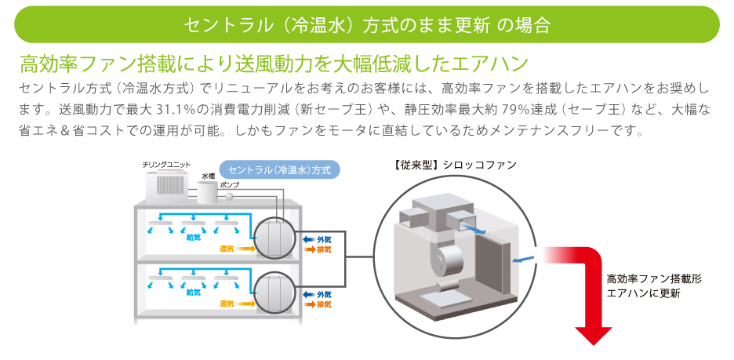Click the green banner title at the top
(366, 24)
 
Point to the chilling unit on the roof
(167, 184)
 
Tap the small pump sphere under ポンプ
(230, 195)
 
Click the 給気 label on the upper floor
(194, 237)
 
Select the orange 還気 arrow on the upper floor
(245, 248)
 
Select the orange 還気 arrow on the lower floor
(245, 304)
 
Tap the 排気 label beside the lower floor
(324, 304)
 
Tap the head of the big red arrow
(594, 333)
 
